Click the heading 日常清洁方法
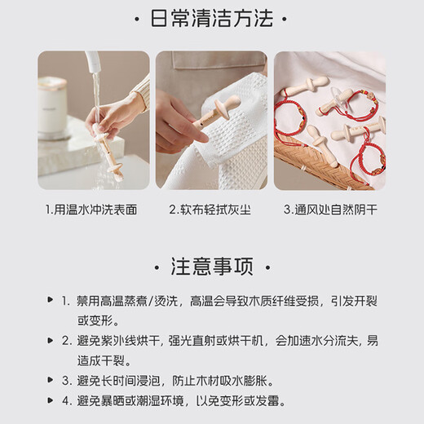coord(212,20)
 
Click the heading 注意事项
coord(212,267)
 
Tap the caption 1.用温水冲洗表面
coord(91,210)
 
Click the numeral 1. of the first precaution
coord(66,302)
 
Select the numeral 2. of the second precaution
coord(66,340)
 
